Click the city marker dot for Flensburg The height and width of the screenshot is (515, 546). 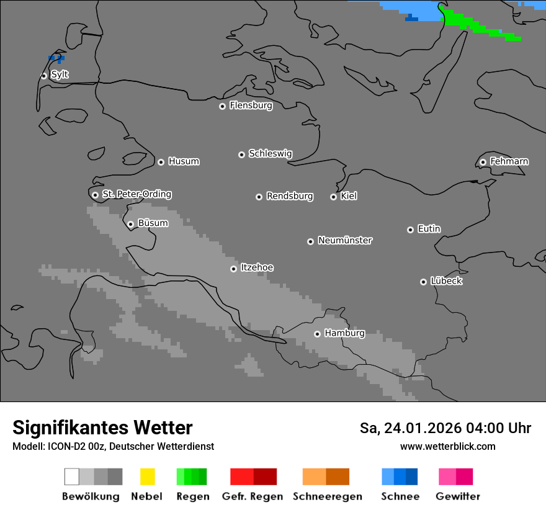[222, 106]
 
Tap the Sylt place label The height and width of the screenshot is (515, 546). [60, 74]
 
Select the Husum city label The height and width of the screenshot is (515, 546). [184, 161]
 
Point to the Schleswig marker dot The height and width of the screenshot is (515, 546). [241, 154]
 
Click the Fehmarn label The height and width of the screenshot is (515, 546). [509, 161]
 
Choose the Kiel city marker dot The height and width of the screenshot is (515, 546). [333, 197]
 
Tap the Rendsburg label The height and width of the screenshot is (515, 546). [290, 196]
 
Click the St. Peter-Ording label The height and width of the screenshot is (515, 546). [136, 194]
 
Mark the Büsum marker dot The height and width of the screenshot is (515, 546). [130, 224]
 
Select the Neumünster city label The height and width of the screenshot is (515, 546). [345, 240]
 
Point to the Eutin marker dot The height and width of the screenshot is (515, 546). [410, 230]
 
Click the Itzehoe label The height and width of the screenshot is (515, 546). [257, 267]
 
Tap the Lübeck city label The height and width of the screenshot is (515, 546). [446, 281]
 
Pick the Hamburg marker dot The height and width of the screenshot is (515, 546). [317, 334]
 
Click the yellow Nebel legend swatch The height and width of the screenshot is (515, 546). [147, 477]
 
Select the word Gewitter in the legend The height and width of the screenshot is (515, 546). [457, 496]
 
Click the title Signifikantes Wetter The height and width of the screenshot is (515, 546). [102, 428]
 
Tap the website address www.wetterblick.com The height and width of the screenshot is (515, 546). [447, 446]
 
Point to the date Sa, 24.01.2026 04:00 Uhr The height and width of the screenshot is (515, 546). [445, 428]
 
